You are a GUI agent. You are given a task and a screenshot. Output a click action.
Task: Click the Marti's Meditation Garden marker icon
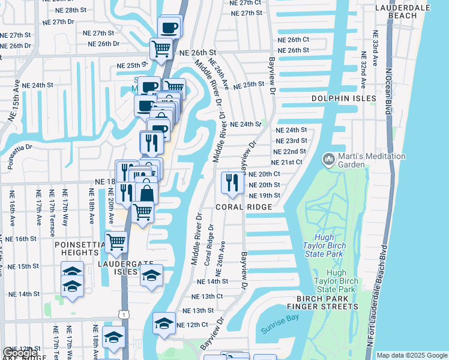(x=328, y=160)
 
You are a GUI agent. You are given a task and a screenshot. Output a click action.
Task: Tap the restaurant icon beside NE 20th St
(x=231, y=182)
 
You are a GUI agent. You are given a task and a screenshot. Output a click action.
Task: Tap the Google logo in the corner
(x=20, y=353)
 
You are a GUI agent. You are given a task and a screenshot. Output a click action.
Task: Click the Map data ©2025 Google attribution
(x=412, y=355)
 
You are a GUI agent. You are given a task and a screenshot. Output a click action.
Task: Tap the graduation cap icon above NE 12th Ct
(x=164, y=323)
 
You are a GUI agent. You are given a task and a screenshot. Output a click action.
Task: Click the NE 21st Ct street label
(x=288, y=163)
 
